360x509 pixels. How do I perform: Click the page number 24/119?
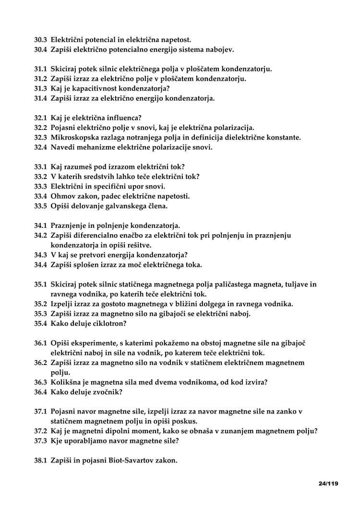[x=328, y=484]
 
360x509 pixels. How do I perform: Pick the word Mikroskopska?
[x=74, y=138]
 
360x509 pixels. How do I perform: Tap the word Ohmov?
[x=62, y=196]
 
